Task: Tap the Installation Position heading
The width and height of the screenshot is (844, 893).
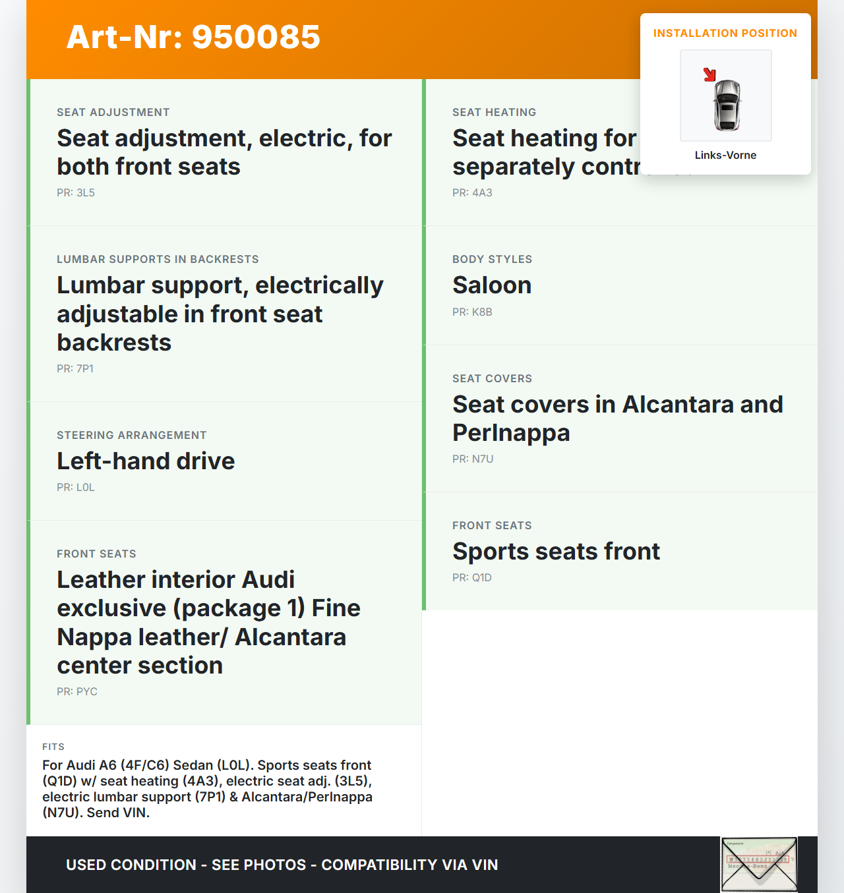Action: [x=725, y=34]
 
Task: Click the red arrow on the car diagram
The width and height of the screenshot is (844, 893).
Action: [x=709, y=74]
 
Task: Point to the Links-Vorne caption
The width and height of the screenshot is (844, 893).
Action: [x=725, y=156]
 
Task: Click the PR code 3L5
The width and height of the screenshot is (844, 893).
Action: [x=76, y=193]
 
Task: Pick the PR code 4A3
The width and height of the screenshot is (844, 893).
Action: [x=472, y=193]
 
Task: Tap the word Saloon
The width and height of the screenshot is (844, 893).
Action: [x=492, y=285]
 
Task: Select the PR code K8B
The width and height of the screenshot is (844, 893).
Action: [x=472, y=312]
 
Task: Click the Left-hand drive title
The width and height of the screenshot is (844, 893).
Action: [x=146, y=461]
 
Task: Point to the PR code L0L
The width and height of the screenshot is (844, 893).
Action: [x=76, y=488]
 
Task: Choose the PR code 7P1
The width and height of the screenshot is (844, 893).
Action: [x=75, y=369]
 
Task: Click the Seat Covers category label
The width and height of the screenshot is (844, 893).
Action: [x=492, y=379]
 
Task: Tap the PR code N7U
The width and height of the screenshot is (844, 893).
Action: [x=473, y=459]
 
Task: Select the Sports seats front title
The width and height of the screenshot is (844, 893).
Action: [x=556, y=552]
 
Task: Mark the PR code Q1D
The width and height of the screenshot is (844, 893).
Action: [x=472, y=578]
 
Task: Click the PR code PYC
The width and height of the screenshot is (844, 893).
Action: [x=77, y=692]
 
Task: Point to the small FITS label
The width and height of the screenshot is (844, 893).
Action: [x=53, y=747]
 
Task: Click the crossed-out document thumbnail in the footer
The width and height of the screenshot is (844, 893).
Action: [x=759, y=864]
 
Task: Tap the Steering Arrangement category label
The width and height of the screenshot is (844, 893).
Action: [x=132, y=436]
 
